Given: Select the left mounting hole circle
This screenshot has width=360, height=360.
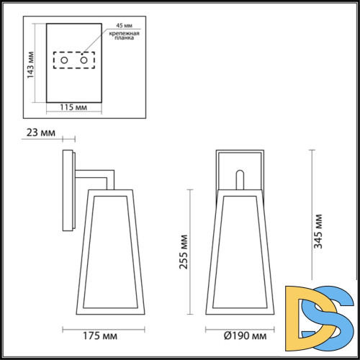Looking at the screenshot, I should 64,63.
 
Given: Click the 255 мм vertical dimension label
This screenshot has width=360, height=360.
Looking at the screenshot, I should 183,252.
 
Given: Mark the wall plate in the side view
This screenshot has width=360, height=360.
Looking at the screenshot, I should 68,191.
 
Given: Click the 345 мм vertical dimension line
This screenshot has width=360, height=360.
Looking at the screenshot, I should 310,216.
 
